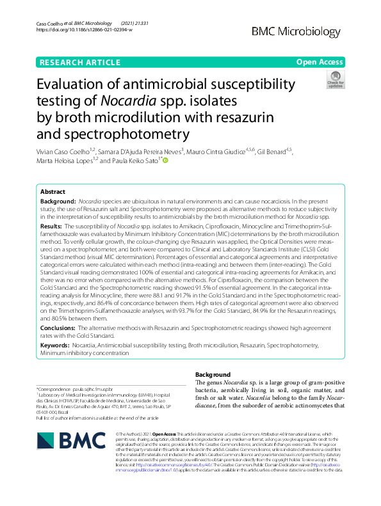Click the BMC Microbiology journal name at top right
(x=296, y=31)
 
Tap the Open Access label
(x=319, y=62)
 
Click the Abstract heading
(x=53, y=192)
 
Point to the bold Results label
(x=51, y=226)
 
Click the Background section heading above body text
(x=213, y=374)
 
